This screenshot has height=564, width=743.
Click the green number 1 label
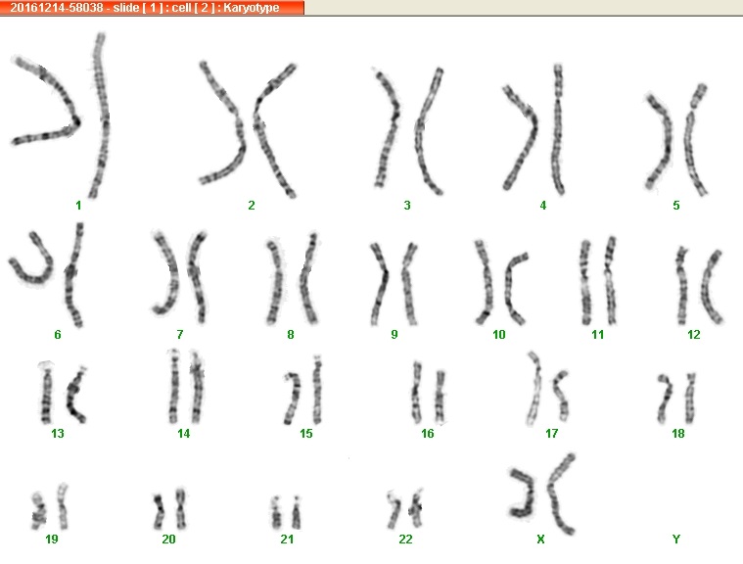[x=78, y=206]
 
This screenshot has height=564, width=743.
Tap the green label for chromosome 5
[x=676, y=206]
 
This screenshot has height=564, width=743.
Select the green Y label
[x=676, y=539]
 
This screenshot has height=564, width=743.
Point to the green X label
[x=540, y=539]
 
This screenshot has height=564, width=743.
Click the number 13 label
[x=58, y=433]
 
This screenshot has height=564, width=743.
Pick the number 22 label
[x=405, y=539]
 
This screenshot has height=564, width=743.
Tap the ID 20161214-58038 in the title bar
[x=57, y=8]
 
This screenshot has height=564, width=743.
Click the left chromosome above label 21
[x=277, y=513]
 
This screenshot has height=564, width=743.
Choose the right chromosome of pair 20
[x=180, y=508]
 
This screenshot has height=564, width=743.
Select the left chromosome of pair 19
[x=38, y=511]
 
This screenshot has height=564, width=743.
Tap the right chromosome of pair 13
[x=74, y=395]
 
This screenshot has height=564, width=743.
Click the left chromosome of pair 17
[x=535, y=389]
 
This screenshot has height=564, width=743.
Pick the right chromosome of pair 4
[x=559, y=129]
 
